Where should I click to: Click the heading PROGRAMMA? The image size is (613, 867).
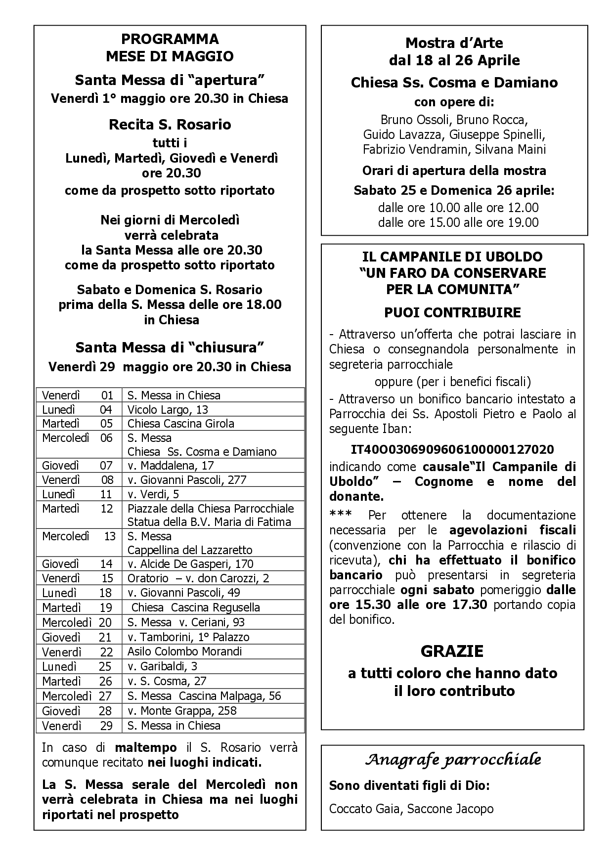170,39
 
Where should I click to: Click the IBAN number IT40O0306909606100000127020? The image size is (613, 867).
452,450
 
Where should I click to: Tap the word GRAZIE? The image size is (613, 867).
452,651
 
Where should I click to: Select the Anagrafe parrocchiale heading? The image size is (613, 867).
453,760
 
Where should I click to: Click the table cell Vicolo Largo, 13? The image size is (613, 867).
168,409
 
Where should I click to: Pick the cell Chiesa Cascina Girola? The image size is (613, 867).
180,424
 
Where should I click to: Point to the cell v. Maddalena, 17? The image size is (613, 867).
171,465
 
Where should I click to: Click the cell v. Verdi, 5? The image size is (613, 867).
153,494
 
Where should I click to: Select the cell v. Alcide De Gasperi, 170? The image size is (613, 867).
190,564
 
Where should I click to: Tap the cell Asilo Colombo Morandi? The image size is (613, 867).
185,651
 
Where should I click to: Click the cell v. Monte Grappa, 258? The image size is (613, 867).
182,711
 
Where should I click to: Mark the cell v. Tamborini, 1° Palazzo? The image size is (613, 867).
188,637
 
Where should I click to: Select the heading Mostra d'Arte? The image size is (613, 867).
454,43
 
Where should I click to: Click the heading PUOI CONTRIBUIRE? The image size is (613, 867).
452,312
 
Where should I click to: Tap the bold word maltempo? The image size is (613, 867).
146,747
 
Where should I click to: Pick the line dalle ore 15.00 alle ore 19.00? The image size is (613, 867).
458,222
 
